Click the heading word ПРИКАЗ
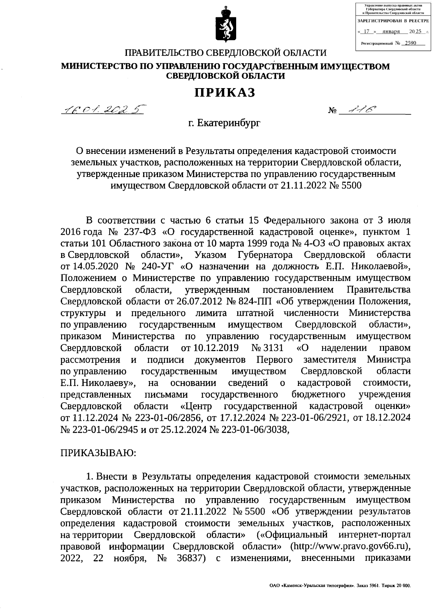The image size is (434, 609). click(225, 93)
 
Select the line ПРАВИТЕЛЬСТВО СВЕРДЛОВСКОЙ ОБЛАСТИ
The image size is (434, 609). click(225, 53)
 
